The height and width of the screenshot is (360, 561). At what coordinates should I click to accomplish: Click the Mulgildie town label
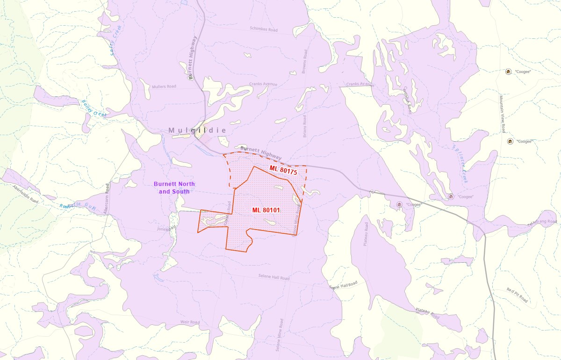coord(197,130)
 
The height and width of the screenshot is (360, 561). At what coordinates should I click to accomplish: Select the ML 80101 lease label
coord(266,210)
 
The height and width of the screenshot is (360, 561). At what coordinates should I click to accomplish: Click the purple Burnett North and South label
coord(174,188)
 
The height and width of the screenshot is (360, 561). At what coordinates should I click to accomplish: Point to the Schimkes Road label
coord(263,29)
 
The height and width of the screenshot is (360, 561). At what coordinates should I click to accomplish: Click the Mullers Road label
coord(164,86)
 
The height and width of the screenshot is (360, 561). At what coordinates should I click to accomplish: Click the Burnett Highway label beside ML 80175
coord(261,153)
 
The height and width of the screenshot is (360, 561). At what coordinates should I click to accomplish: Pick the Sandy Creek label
coord(113,45)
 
